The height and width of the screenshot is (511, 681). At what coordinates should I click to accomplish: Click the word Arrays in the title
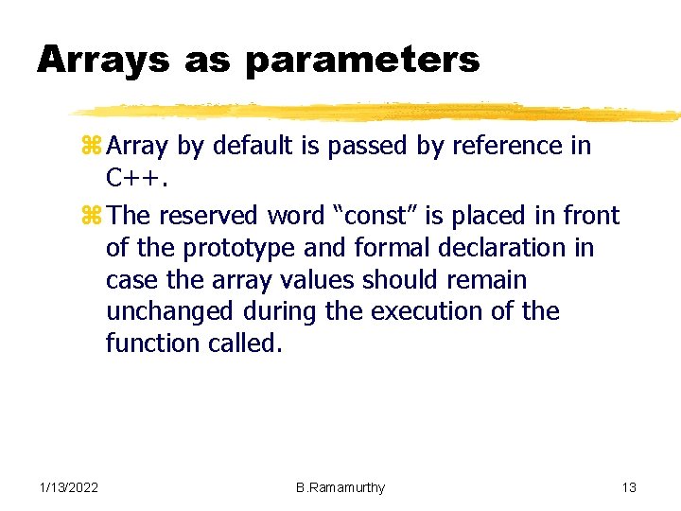click(x=102, y=61)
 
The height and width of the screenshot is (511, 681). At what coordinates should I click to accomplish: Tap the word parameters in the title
click(x=362, y=61)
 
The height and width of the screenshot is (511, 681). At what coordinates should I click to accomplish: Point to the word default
click(x=249, y=147)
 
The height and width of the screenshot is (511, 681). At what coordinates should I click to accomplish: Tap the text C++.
click(x=132, y=178)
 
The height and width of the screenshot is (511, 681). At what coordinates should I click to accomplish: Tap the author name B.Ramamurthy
click(x=340, y=487)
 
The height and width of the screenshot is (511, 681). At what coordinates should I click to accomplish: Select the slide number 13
click(x=629, y=487)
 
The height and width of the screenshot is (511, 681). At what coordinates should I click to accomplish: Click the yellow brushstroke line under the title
click(x=378, y=112)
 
